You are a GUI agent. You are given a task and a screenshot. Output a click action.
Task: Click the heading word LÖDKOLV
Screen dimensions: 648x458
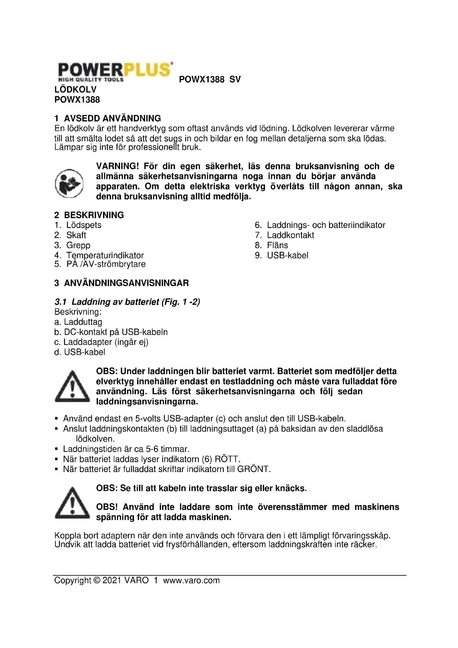click(75, 90)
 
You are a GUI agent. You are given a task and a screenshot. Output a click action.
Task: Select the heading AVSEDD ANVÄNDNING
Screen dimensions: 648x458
click(112, 118)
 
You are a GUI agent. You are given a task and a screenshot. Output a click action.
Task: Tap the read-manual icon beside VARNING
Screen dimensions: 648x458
click(69, 183)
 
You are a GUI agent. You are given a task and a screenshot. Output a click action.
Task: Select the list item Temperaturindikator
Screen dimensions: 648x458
click(105, 255)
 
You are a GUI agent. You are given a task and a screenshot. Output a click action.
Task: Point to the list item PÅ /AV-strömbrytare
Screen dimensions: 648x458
click(106, 265)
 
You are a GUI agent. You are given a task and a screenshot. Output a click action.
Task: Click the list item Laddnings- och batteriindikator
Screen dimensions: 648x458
click(326, 225)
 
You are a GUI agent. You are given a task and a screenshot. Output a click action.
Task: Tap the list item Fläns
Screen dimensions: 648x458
click(277, 245)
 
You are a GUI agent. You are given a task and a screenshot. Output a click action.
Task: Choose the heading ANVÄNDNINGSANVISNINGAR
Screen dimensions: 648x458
click(126, 283)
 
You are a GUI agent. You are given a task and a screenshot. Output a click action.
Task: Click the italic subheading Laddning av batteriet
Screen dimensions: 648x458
click(115, 302)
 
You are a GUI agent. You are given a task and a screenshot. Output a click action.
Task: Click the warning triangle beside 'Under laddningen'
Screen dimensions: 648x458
click(72, 387)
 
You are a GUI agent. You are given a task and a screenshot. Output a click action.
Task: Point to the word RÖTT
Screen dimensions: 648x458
click(227, 459)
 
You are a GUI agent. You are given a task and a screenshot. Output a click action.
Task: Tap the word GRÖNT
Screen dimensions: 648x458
click(254, 469)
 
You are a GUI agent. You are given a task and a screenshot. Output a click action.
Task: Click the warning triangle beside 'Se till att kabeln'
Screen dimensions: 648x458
click(72, 504)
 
